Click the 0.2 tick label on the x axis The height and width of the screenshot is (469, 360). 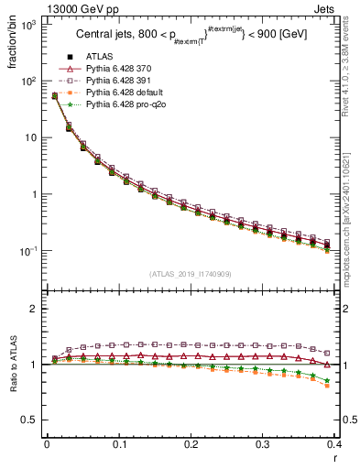pos(191,443)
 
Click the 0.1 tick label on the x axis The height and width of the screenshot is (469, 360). pos(119,443)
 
